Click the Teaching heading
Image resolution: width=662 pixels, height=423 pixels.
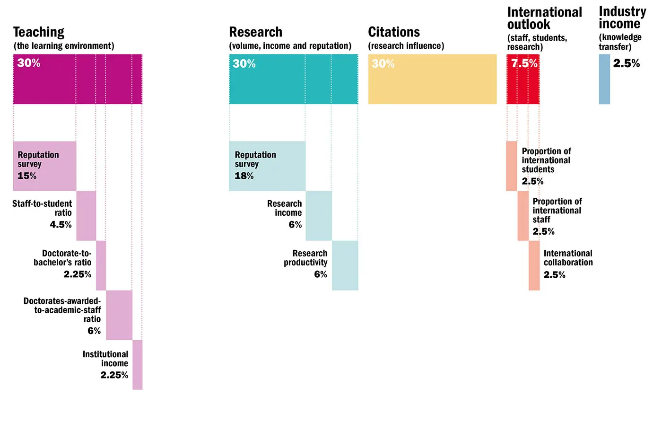[39, 32]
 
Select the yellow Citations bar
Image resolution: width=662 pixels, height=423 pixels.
[432, 79]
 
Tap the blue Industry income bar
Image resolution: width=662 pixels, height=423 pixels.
[604, 79]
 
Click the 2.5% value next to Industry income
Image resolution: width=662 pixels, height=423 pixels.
[626, 63]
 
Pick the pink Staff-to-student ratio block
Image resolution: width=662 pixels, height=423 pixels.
[86, 216]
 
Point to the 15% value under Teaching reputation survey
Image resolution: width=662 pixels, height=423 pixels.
[27, 176]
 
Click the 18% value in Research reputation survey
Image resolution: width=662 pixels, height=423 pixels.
[244, 176]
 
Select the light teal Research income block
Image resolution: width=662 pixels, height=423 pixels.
[319, 216]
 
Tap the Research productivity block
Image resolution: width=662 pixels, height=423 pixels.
[345, 265]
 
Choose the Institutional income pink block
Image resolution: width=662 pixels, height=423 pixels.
[137, 365]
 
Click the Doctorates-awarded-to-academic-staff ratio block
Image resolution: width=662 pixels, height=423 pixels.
[119, 315]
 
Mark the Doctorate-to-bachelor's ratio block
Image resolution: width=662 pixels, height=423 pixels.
[101, 265]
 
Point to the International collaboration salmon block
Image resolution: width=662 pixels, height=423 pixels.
[534, 265]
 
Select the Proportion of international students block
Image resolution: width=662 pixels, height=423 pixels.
[512, 166]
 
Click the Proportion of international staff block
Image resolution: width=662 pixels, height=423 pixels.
[523, 216]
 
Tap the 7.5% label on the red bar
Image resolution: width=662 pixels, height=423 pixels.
[524, 63]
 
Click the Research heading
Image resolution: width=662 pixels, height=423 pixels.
[255, 32]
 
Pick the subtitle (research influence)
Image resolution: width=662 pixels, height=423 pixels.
[406, 46]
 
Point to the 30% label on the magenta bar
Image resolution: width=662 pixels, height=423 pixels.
[29, 63]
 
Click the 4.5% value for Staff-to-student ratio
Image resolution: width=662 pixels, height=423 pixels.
[61, 225]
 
